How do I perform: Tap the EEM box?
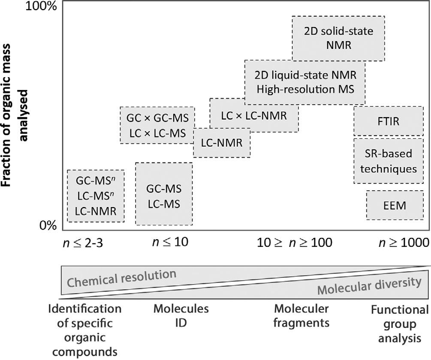pyautogui.click(x=395, y=205)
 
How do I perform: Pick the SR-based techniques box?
pyautogui.click(x=389, y=161)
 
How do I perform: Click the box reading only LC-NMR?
pyautogui.click(x=222, y=142)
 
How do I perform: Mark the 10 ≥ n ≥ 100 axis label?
pyautogui.click(x=295, y=243)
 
